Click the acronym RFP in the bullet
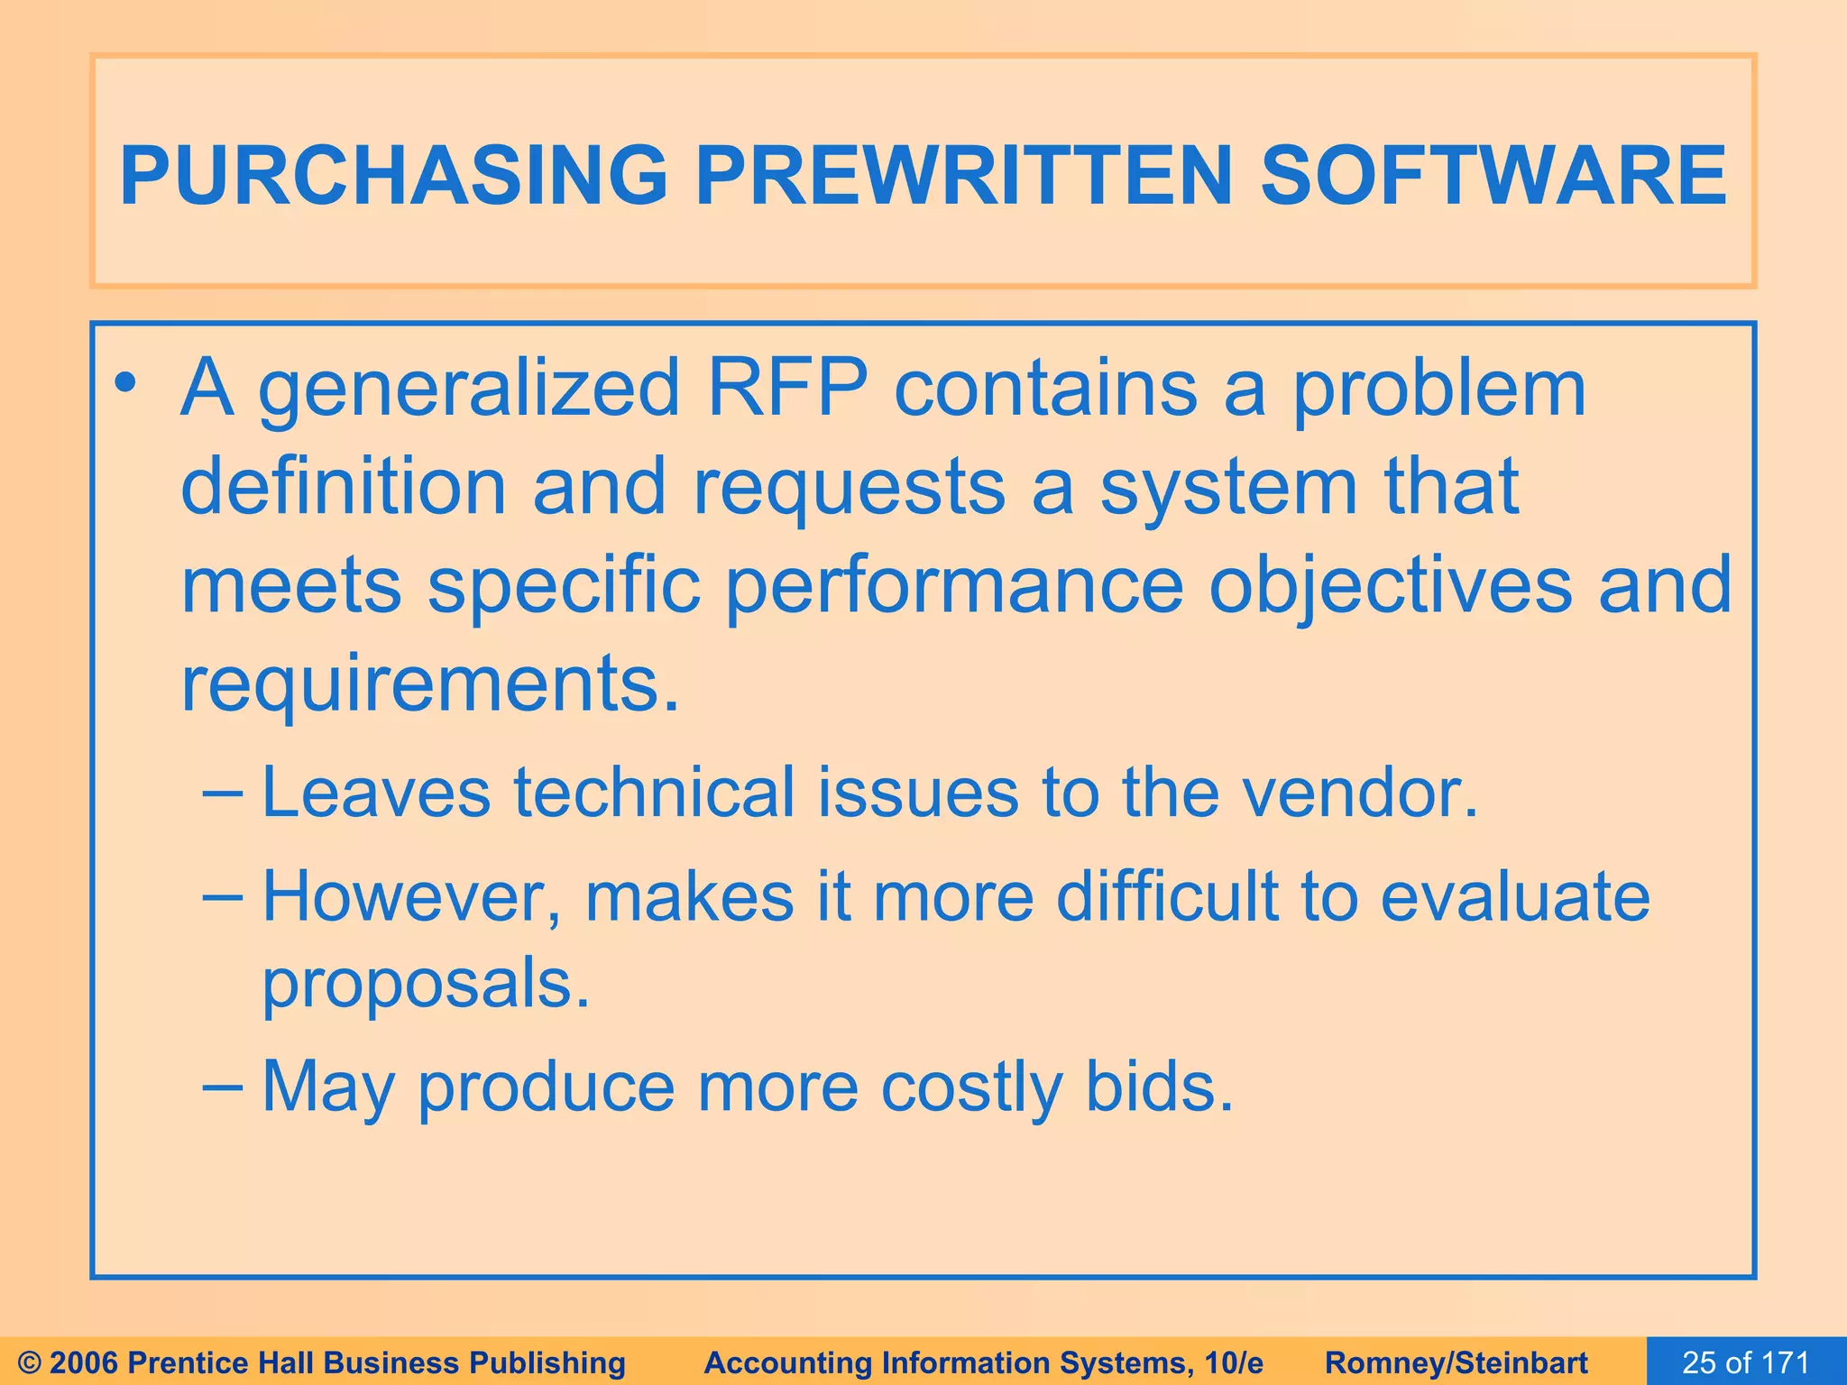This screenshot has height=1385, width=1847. pyautogui.click(x=786, y=388)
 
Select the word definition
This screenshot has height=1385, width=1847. pyautogui.click(x=344, y=486)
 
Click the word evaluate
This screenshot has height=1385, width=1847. pyautogui.click(x=1515, y=897)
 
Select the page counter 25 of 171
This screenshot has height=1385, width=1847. pyautogui.click(x=1745, y=1362)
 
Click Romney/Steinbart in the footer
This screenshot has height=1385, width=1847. pyautogui.click(x=1456, y=1362)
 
